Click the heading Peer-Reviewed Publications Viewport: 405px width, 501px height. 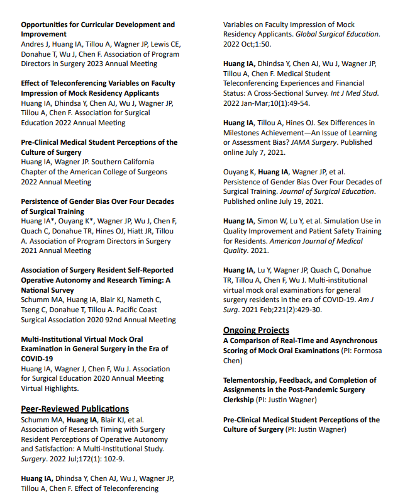tap(75, 408)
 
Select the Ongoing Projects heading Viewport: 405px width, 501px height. tap(256, 330)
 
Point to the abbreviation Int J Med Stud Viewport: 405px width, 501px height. tap(353, 93)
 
